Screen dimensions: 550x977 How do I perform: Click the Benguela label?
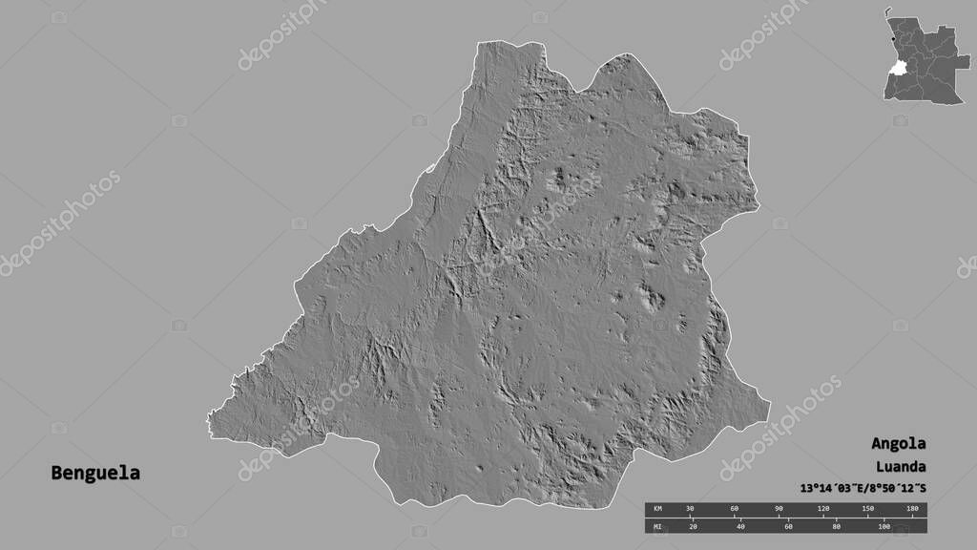95,473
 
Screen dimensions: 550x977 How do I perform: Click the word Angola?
898,444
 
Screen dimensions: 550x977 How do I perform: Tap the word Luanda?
898,467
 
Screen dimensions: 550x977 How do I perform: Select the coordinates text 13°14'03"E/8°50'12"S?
857,489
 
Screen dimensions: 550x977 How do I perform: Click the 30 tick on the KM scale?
690,509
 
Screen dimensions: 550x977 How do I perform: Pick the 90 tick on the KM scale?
779,509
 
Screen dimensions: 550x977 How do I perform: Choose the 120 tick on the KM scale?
822,509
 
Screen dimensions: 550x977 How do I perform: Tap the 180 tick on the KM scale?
911,509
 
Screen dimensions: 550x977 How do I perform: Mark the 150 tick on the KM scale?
867,509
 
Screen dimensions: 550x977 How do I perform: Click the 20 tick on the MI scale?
693,526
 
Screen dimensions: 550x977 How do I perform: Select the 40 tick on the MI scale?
740,526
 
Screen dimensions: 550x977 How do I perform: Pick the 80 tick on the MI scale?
836,526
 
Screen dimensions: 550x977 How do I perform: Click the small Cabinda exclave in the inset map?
887,11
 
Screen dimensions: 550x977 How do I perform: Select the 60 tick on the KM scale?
734,509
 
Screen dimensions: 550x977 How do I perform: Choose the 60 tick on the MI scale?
788,526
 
